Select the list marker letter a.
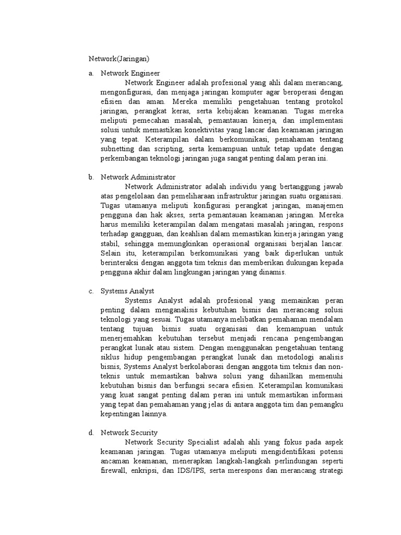(x=91, y=74)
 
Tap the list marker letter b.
(x=91, y=177)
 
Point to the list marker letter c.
(x=91, y=291)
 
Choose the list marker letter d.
(x=91, y=433)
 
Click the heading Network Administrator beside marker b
(x=138, y=177)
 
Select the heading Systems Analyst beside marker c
(x=127, y=291)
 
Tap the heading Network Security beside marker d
(x=129, y=433)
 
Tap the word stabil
(x=110, y=243)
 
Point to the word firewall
(x=113, y=471)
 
